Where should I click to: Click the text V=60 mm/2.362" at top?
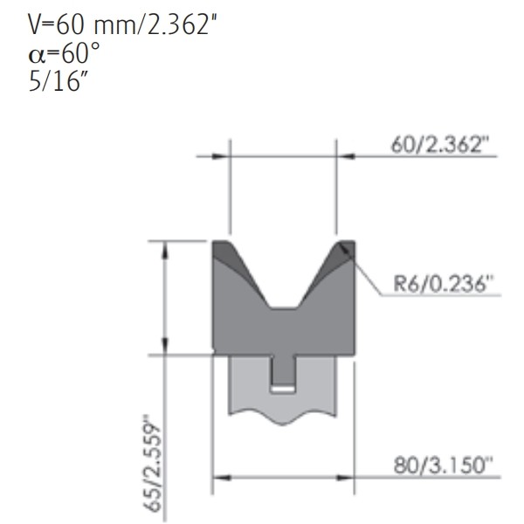point(123,25)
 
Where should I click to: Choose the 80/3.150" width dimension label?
point(442,465)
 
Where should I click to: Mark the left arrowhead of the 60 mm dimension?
point(223,157)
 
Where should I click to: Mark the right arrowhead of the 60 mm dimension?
point(343,157)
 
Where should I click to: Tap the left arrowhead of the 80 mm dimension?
point(220,478)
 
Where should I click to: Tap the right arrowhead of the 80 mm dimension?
point(348,478)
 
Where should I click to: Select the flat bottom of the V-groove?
point(284,307)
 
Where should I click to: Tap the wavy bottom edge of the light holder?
point(284,417)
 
